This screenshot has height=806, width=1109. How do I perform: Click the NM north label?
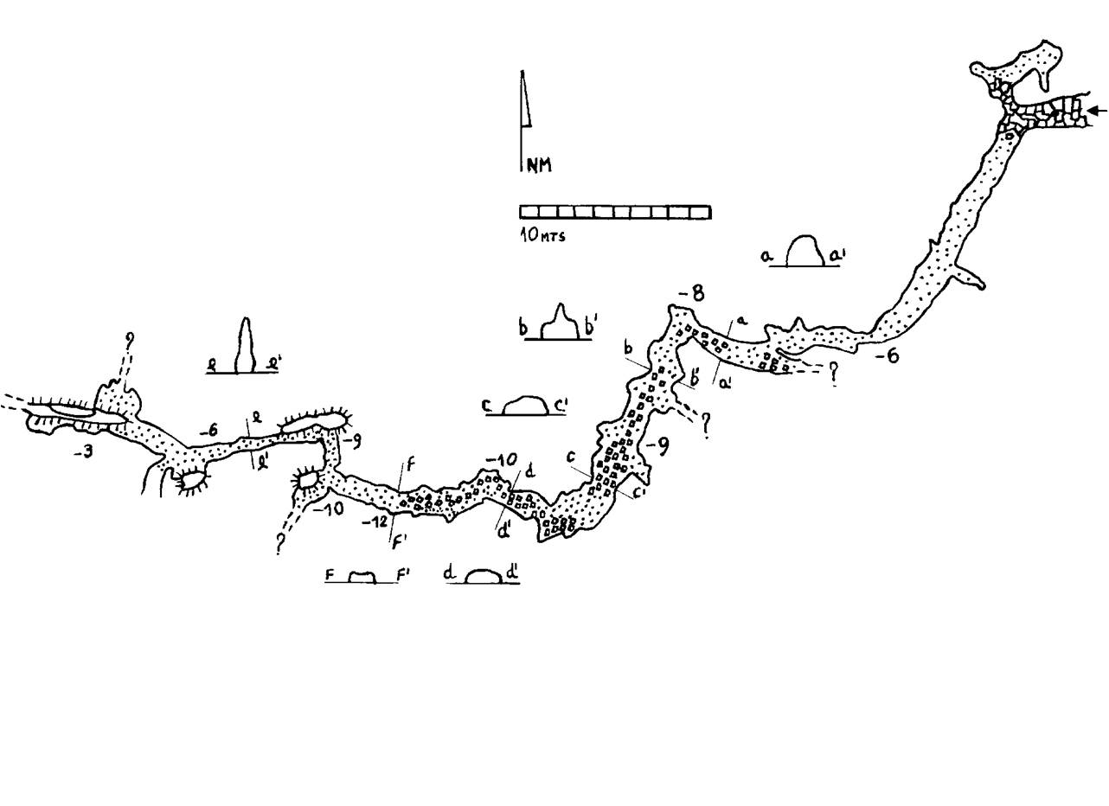coord(538,164)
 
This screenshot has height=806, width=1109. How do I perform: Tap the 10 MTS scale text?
coord(542,234)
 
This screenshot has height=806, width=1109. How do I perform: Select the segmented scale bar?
coord(614,212)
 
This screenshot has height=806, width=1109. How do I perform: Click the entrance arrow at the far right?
coord(1097,110)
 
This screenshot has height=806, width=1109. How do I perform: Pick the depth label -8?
coord(691,294)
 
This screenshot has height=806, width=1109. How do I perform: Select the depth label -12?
coord(374,521)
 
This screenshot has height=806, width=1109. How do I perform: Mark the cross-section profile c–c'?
coord(524,406)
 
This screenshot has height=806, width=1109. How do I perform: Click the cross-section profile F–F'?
coord(362,577)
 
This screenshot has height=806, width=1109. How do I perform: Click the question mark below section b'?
coord(707,424)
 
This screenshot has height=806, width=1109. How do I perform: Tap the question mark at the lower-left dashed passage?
coord(280,544)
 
